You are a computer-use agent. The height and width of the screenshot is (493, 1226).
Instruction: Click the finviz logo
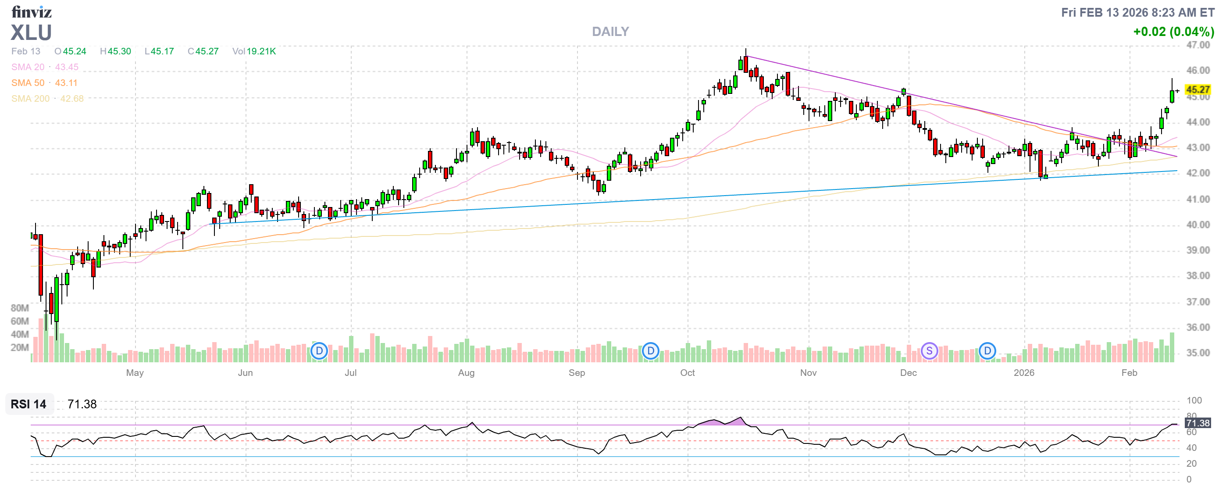coord(32,11)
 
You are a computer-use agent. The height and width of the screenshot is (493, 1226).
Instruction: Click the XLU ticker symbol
coord(32,33)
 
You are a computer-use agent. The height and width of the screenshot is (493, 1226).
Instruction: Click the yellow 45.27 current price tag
coord(1197,89)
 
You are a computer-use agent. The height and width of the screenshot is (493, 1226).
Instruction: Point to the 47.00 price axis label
coord(1197,45)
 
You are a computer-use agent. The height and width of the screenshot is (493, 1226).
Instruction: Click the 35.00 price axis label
coord(1197,353)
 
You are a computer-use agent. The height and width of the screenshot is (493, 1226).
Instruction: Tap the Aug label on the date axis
coord(466,373)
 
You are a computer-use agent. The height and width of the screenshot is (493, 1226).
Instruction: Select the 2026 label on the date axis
coord(1023,373)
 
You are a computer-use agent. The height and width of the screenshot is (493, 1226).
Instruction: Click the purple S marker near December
coord(929,351)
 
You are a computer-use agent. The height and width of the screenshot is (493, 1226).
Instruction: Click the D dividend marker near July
coord(319,351)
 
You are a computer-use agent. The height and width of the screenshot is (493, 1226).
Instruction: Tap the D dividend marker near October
coord(650,351)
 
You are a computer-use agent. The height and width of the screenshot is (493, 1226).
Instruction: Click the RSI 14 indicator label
coord(29,404)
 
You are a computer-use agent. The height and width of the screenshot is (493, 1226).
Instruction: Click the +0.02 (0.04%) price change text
coord(1173,32)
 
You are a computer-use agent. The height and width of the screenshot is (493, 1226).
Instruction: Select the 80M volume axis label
coord(20,308)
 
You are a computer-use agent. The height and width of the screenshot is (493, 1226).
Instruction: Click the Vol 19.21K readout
coord(254,51)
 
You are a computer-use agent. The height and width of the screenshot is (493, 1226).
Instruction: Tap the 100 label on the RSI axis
coord(1194,400)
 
